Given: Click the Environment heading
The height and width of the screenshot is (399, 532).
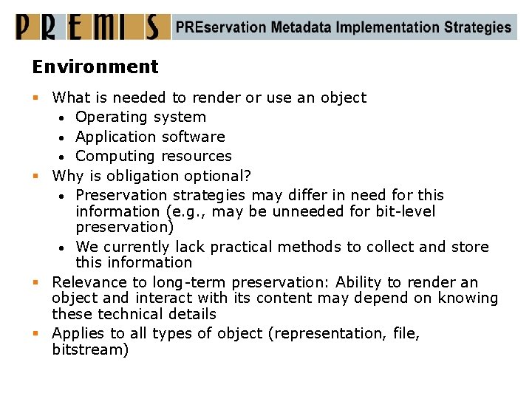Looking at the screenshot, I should (x=95, y=66).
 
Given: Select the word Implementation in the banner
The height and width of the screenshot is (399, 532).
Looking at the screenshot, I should (x=388, y=27).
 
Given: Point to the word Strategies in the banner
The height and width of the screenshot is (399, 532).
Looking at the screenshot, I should (x=477, y=27).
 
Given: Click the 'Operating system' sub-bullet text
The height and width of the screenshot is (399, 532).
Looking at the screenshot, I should (x=140, y=117).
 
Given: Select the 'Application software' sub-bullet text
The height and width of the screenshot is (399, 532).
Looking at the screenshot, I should (x=150, y=137).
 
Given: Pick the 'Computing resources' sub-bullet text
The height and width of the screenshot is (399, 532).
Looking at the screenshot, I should (x=154, y=156).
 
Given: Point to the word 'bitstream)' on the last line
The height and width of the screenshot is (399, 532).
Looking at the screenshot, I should (x=90, y=349).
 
